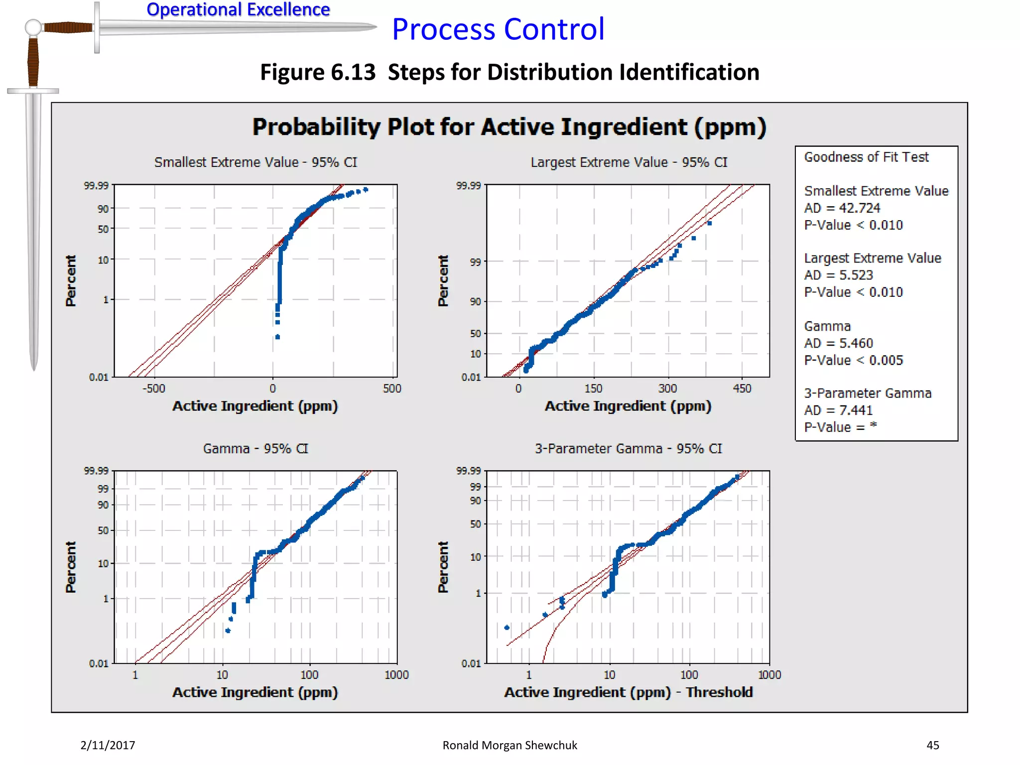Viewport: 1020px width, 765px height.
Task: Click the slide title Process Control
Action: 498,29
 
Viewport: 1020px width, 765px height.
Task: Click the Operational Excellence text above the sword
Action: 238,9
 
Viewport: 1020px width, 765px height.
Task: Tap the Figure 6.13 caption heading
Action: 510,72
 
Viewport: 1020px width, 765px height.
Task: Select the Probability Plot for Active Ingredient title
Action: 509,127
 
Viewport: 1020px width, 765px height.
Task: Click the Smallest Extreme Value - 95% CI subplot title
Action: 255,162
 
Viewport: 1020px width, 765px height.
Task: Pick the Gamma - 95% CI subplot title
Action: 255,449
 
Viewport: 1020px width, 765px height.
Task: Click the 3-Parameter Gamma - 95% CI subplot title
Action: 628,449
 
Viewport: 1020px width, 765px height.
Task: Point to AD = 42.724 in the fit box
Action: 842,208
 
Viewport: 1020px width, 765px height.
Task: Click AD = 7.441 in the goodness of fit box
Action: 838,410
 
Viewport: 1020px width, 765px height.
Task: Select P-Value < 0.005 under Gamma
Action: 853,360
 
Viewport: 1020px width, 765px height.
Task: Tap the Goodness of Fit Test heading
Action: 866,157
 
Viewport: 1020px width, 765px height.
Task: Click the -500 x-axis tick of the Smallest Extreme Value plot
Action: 153,388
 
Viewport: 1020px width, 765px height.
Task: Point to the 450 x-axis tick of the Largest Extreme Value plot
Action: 742,388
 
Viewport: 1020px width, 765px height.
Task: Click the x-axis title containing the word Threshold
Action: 628,692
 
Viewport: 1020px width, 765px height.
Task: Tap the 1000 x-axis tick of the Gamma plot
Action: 396,675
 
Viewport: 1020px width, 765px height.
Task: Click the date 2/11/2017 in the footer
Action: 108,745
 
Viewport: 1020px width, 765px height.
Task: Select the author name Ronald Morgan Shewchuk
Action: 510,745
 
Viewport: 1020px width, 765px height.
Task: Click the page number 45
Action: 932,745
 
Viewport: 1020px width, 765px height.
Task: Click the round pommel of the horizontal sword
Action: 33,27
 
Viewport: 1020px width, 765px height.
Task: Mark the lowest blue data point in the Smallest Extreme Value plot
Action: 277,337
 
